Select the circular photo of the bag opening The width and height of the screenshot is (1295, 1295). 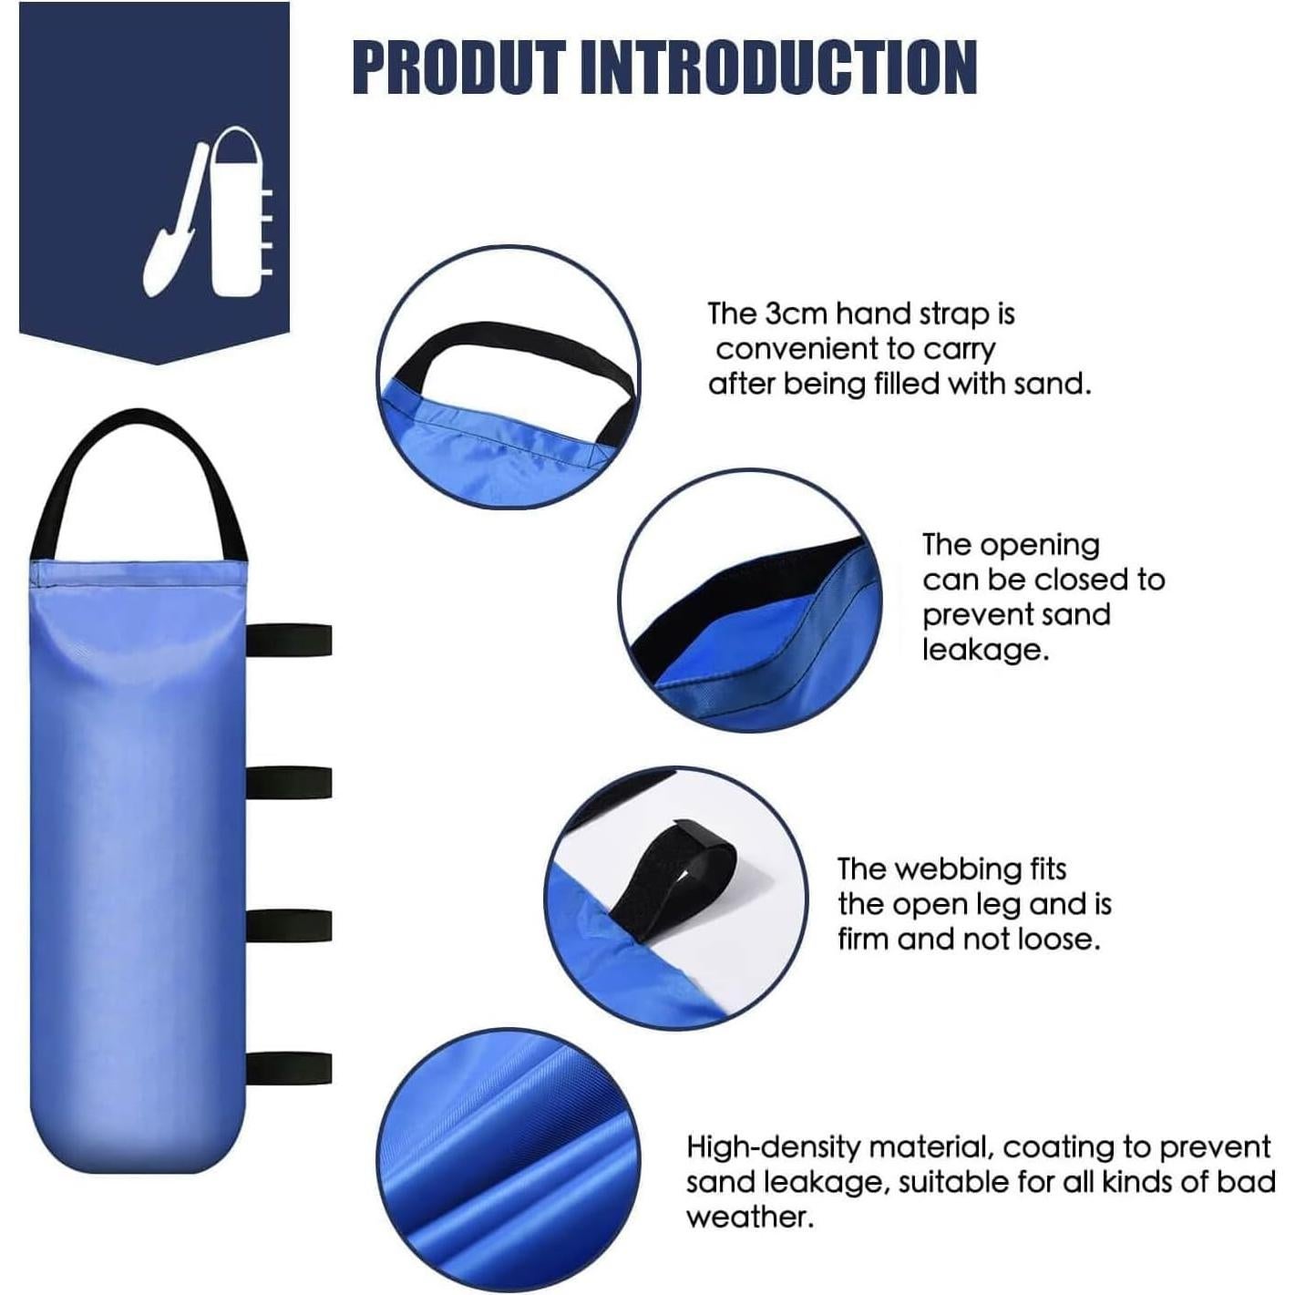pos(750,601)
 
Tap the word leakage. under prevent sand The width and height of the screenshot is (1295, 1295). pos(985,650)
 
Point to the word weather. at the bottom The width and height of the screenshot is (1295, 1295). pos(749,1217)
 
